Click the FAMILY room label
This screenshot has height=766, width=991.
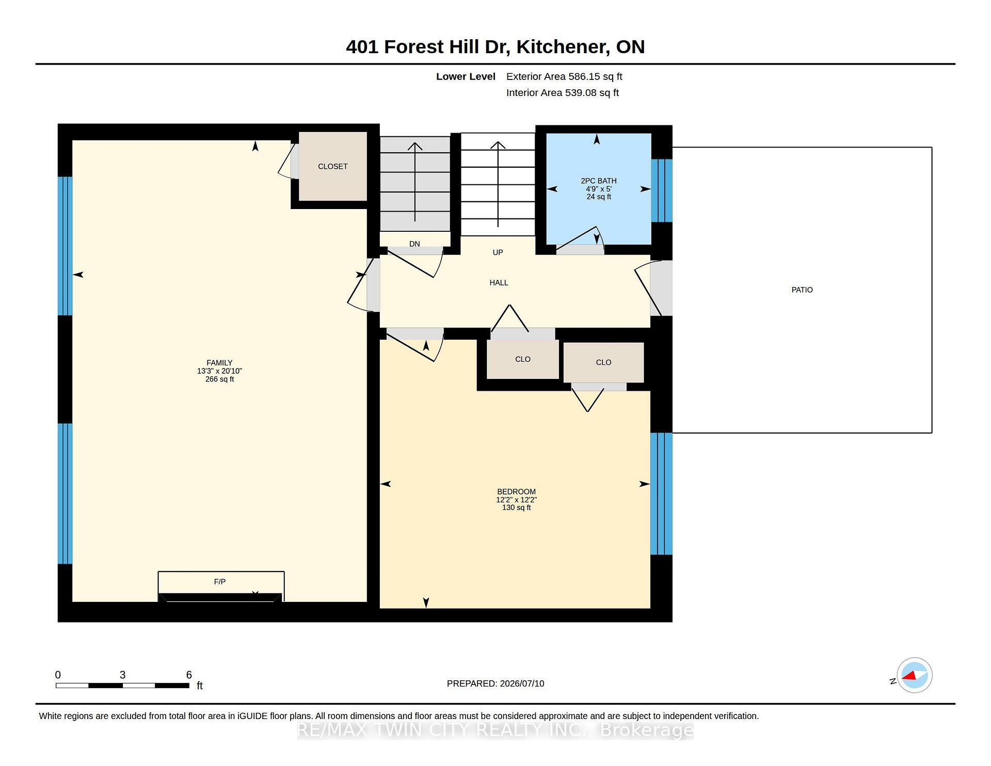point(219,363)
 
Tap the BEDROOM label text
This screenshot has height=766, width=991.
point(516,492)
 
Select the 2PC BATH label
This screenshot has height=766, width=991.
point(599,181)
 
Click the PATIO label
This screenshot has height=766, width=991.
point(802,290)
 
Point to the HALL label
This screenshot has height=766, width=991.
point(499,283)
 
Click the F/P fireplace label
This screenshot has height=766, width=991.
point(220,582)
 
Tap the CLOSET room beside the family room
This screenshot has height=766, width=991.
point(333,166)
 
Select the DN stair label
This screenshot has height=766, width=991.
point(414,244)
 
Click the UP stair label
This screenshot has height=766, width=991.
point(498,252)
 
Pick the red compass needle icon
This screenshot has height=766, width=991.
point(909,675)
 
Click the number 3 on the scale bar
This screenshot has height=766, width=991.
point(123,675)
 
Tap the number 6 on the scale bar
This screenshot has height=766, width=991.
point(189,675)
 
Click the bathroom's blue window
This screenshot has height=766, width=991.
point(662,190)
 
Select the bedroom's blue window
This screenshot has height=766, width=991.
point(661,494)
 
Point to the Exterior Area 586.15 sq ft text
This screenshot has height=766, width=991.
point(564,76)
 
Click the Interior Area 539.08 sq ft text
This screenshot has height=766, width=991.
point(563,93)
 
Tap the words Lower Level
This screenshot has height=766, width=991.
point(466,76)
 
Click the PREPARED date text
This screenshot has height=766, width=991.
point(495,683)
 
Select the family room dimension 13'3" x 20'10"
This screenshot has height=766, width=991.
point(219,371)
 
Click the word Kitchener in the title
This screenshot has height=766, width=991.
point(562,47)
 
